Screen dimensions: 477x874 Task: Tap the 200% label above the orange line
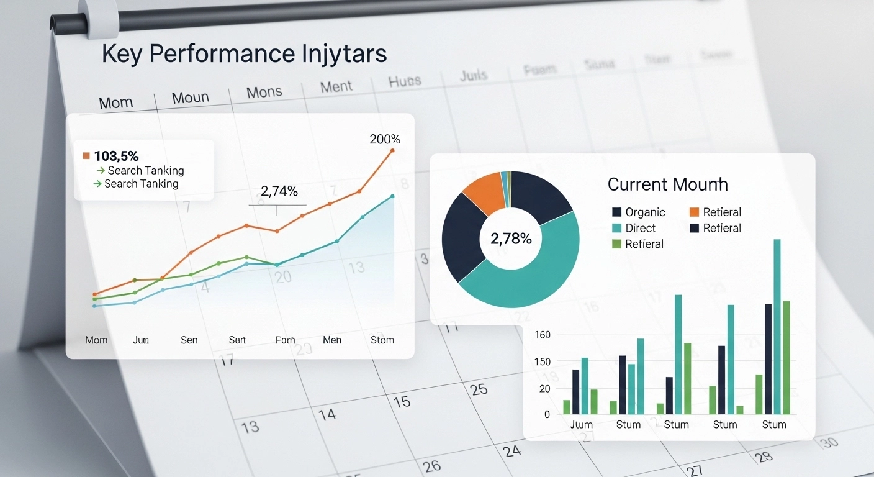(385, 139)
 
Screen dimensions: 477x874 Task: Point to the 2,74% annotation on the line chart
(278, 191)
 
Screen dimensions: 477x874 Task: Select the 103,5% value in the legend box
(116, 156)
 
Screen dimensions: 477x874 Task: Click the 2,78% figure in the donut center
(511, 238)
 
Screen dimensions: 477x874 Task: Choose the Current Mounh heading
(667, 184)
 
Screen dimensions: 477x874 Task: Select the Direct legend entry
(640, 228)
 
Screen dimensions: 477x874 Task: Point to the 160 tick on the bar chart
(543, 335)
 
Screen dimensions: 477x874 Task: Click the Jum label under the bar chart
(581, 425)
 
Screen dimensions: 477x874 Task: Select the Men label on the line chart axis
(332, 340)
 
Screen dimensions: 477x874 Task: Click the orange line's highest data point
(392, 150)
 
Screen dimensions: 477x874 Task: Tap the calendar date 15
(402, 401)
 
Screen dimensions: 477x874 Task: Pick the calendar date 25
(479, 389)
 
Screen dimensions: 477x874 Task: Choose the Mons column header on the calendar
(264, 93)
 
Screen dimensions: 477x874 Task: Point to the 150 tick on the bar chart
(543, 361)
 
